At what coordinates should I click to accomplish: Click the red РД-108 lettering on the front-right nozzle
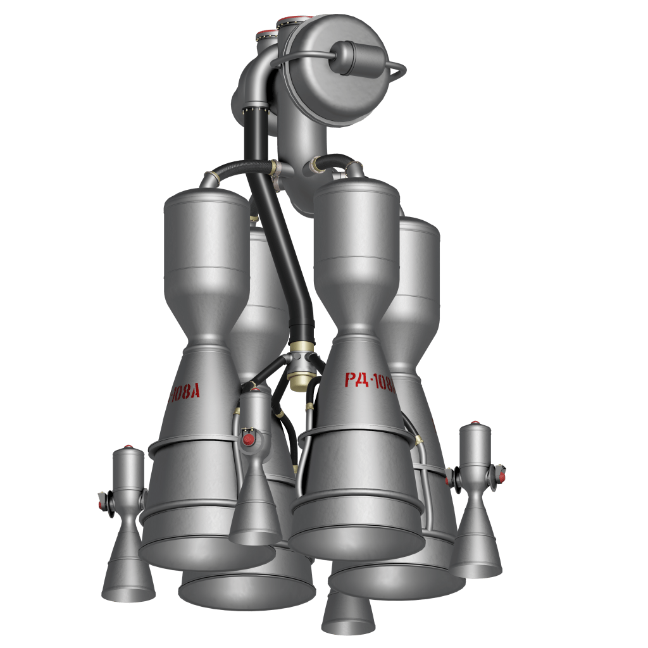370,380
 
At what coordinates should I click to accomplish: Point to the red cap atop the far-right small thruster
475,423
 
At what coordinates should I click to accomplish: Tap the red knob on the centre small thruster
249,439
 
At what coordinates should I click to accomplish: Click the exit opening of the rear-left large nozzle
247,592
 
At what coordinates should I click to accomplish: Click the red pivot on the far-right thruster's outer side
502,473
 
